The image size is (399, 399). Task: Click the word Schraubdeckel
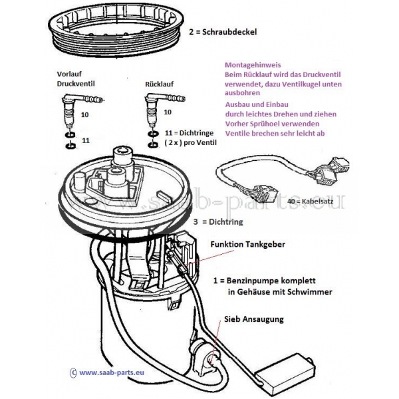tap(229, 32)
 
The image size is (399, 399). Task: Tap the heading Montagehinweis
tap(253, 65)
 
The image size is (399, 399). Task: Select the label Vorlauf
tap(69, 74)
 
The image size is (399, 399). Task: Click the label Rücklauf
tap(160, 84)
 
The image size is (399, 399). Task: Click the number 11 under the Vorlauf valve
tap(86, 140)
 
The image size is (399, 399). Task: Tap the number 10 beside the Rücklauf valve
tap(168, 112)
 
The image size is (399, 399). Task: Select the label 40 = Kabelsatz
tap(311, 201)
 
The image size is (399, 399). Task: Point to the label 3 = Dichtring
tap(218, 222)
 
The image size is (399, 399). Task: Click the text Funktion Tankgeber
tap(247, 244)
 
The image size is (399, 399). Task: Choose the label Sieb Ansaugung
tap(254, 319)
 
